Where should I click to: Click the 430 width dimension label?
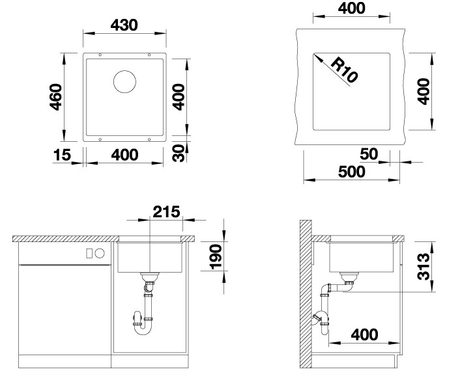[124, 25]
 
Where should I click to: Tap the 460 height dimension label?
[56, 97]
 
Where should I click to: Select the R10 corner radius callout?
[344, 70]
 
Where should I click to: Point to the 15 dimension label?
[62, 155]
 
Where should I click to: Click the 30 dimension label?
[179, 154]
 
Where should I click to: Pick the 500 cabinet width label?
[351, 172]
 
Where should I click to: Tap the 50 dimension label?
[369, 154]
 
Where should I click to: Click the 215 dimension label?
[166, 211]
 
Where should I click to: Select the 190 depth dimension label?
[216, 257]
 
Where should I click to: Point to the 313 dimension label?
[423, 267]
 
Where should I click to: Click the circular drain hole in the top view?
[124, 81]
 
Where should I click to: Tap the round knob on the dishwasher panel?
[100, 254]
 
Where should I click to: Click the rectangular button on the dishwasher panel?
[89, 254]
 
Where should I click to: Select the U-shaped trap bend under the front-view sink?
[143, 330]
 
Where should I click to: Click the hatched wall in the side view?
[306, 293]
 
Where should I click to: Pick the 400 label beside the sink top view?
[179, 97]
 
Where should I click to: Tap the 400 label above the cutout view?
[351, 8]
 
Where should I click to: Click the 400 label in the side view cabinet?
[364, 334]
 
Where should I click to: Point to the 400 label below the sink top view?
[124, 155]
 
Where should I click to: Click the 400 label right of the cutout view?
[423, 91]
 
